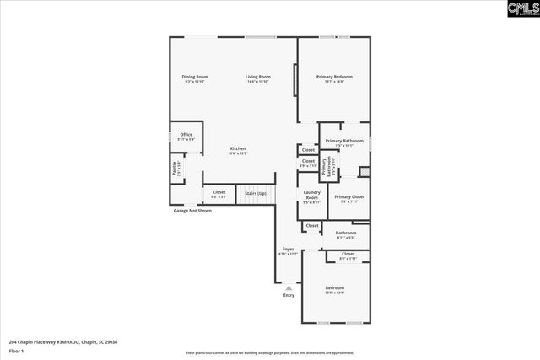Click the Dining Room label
[195, 77]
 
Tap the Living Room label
[257, 77]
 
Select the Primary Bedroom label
[334, 77]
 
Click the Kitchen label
[238, 149]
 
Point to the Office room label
[186, 135]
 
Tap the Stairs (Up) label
[256, 194]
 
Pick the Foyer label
[288, 249]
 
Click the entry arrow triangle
[289, 287]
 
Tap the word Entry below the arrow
[289, 296]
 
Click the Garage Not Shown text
[192, 211]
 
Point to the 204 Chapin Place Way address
[63, 342]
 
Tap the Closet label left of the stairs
[219, 193]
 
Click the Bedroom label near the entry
[334, 287]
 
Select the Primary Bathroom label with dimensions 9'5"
[344, 142]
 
